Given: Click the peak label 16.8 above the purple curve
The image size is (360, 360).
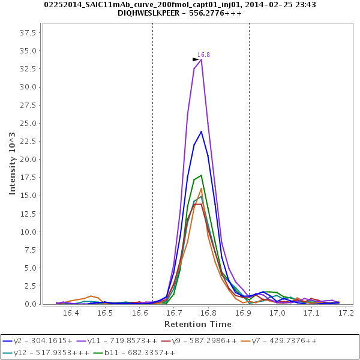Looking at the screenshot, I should [203, 55].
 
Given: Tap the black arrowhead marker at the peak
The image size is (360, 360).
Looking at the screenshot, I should [196, 59].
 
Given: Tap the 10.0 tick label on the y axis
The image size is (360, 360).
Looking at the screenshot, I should [29, 232].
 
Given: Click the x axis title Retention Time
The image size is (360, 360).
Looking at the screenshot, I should [198, 324].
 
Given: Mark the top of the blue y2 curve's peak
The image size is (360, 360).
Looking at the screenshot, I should [201, 131].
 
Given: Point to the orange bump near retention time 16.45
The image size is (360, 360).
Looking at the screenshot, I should [91, 296].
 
